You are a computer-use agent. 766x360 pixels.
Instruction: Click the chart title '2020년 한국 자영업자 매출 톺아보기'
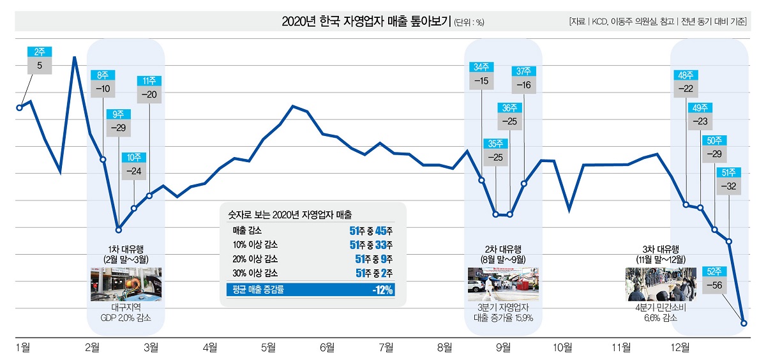366,22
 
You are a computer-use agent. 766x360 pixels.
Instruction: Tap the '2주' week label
39,52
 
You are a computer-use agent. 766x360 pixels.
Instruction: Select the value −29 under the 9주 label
118,128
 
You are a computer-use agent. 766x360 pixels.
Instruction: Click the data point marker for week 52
744,323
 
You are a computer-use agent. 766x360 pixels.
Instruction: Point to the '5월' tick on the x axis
268,347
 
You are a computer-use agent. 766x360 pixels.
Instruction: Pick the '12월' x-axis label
680,347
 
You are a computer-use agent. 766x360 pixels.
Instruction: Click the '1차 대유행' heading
125,249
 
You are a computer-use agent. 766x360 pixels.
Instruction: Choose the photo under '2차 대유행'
503,284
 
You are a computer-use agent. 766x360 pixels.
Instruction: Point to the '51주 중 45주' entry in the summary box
371,230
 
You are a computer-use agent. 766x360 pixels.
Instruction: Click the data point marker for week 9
118,230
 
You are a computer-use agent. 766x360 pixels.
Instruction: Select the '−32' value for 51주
728,186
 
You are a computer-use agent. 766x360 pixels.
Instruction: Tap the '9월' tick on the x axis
503,347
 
